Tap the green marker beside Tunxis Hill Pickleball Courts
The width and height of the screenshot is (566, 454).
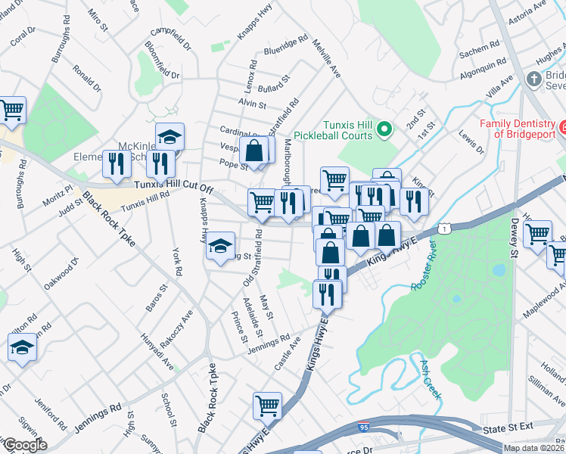click(x=384, y=129)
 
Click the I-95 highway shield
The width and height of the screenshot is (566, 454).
click(x=365, y=429)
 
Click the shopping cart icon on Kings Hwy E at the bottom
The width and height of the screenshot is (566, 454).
click(x=268, y=405)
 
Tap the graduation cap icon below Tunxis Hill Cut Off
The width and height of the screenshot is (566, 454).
click(x=220, y=247)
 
